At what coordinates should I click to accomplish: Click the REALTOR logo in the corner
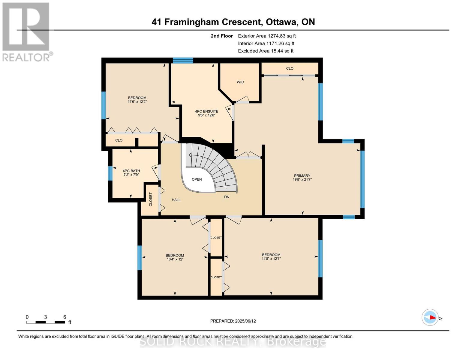pos(26,31)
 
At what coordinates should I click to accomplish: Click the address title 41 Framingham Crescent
pos(233,22)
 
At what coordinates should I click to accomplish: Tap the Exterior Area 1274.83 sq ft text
pos(267,36)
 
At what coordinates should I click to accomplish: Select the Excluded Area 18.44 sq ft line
pos(266,51)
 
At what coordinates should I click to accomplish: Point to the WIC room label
pos(240,82)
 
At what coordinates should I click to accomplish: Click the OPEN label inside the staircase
pos(197,179)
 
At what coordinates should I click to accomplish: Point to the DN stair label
pos(227,197)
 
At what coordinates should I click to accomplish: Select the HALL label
pos(176,200)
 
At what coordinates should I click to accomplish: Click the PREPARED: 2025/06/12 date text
pos(233,321)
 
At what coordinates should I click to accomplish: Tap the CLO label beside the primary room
pos(290,68)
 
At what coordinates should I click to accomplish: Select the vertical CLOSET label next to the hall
pos(151,199)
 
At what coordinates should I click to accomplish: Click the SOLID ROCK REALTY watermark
pos(233,342)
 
